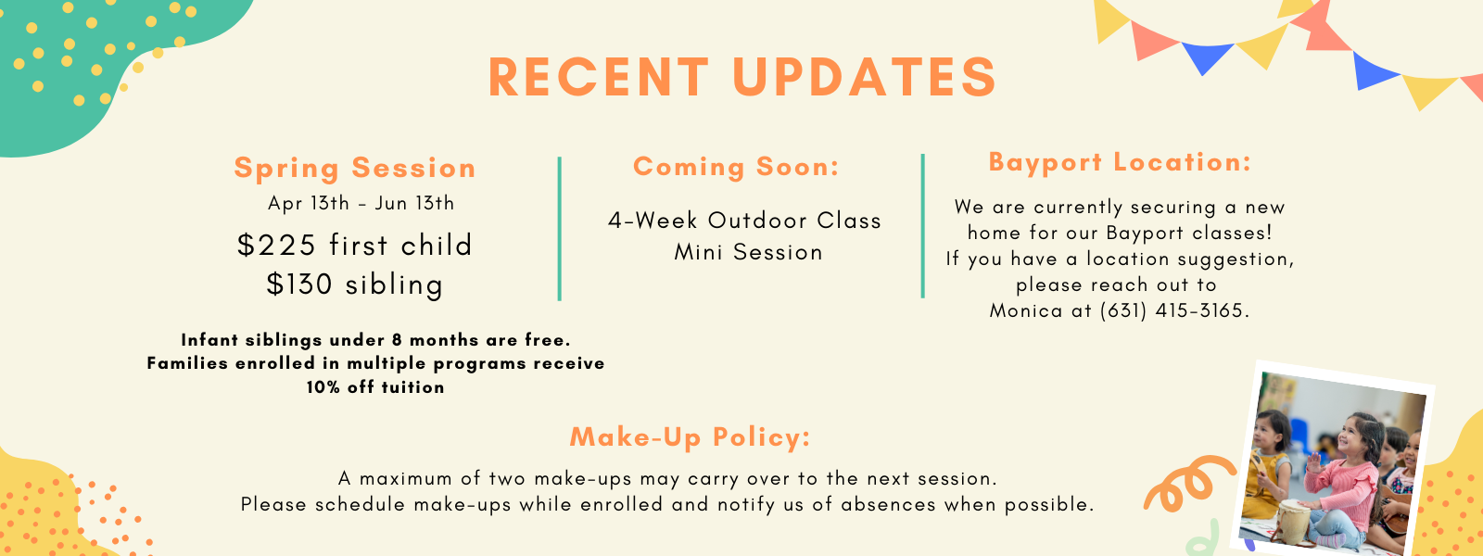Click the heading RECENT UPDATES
click(742, 78)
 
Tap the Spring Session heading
click(355, 168)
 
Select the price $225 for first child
click(355, 245)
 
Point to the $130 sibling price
click(355, 284)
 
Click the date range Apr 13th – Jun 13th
click(361, 203)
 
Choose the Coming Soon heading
click(736, 166)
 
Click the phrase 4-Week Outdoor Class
click(745, 221)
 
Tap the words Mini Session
click(748, 252)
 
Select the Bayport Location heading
click(1120, 163)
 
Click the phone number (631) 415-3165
click(1174, 310)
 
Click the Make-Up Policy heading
click(690, 437)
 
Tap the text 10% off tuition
click(375, 387)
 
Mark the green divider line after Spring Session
click(560, 229)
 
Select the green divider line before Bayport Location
click(922, 226)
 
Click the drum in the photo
click(1293, 520)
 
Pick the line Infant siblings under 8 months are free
click(375, 340)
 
